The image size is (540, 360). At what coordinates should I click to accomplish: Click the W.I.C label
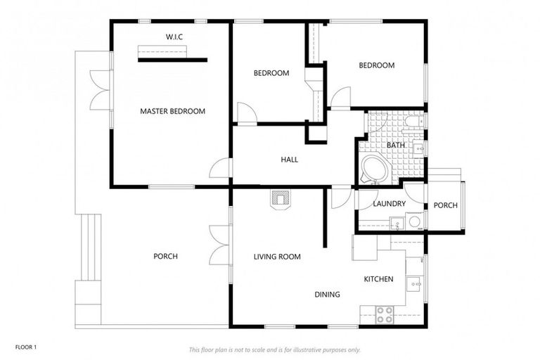point(174,36)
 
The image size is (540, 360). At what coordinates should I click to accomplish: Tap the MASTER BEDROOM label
point(172,111)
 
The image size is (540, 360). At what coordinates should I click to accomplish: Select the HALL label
point(289,160)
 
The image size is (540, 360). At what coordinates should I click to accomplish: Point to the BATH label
point(386,146)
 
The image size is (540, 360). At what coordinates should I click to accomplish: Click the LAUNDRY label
point(389,204)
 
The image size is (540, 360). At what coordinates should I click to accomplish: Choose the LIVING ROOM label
point(277,257)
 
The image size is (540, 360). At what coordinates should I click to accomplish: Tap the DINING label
point(327,295)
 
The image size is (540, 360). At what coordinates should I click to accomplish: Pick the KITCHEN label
point(378,279)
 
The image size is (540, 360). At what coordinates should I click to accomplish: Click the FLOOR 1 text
point(25,347)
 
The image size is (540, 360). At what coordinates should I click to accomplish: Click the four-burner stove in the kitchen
point(384,314)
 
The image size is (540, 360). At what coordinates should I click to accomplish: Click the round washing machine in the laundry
point(414,222)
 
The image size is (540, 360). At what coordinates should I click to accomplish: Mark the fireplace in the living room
point(280,200)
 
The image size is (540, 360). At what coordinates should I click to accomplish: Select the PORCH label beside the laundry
point(445,205)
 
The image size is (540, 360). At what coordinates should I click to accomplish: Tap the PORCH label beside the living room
point(165,256)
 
